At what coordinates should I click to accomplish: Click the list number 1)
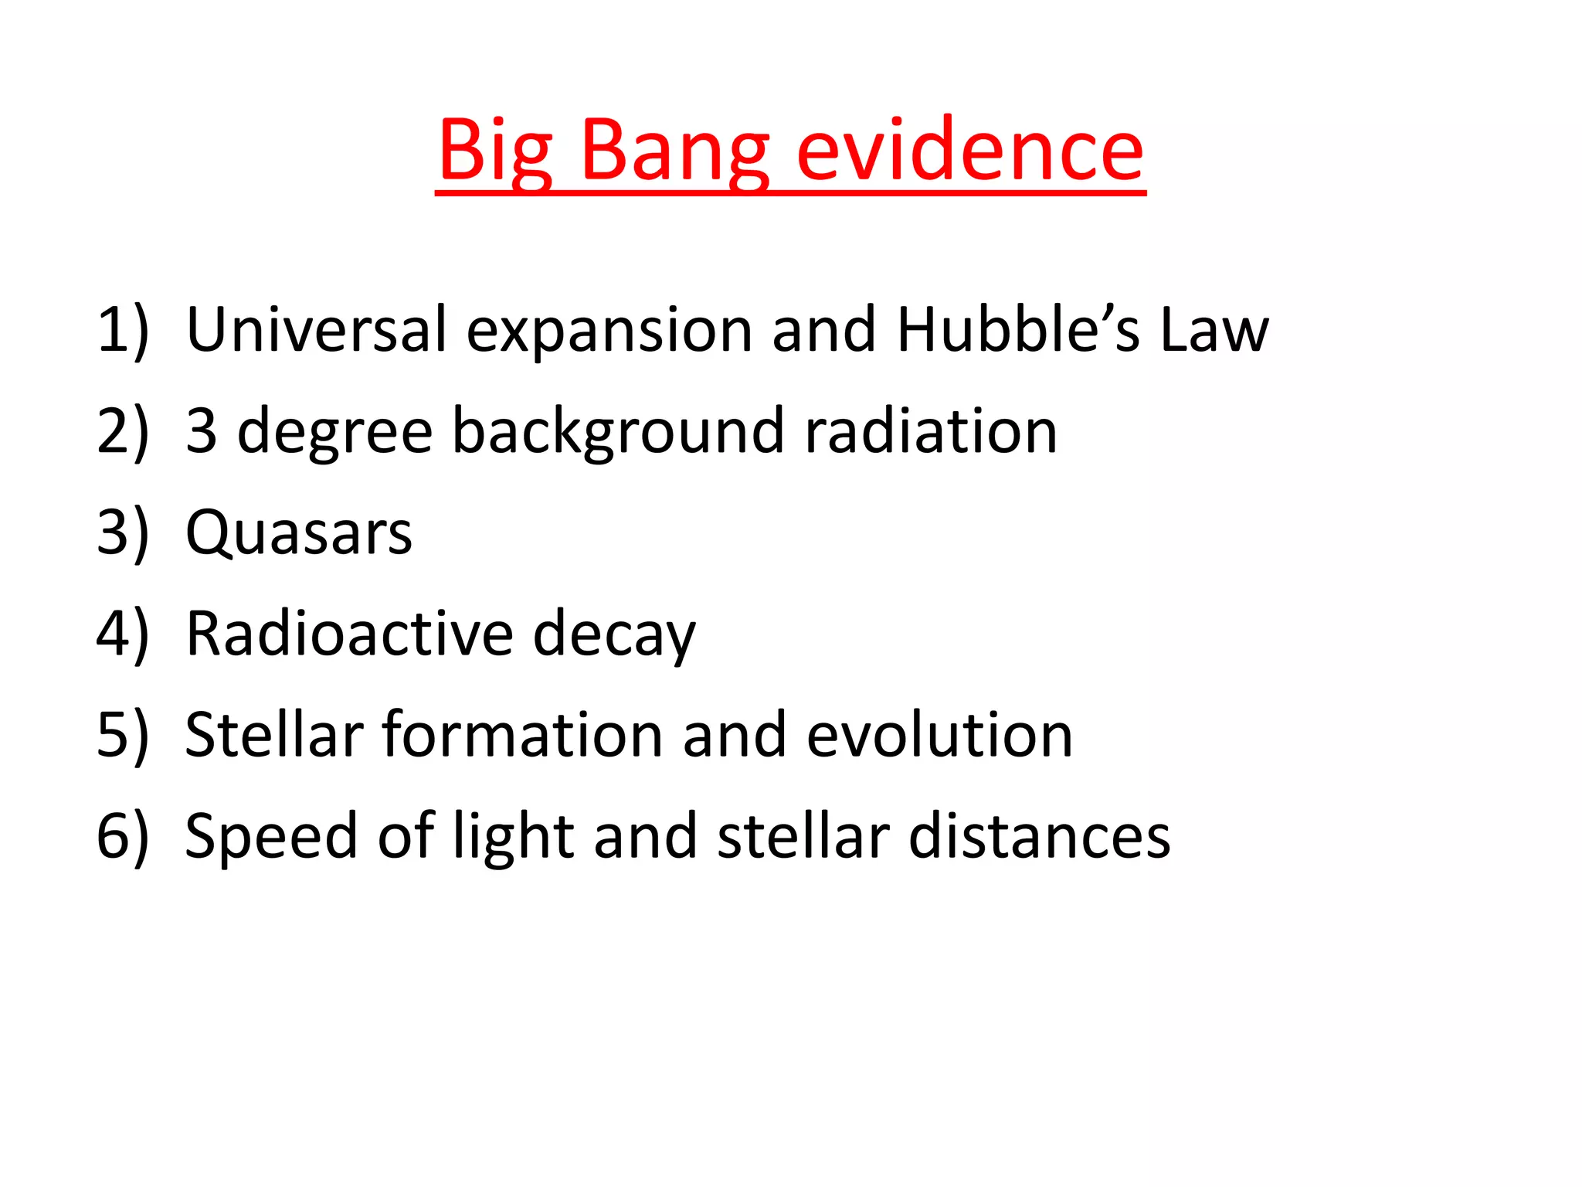(122, 331)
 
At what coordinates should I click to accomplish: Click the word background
(618, 432)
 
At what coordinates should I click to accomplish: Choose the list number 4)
(122, 634)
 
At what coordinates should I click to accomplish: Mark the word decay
(614, 636)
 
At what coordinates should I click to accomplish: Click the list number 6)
(122, 837)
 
